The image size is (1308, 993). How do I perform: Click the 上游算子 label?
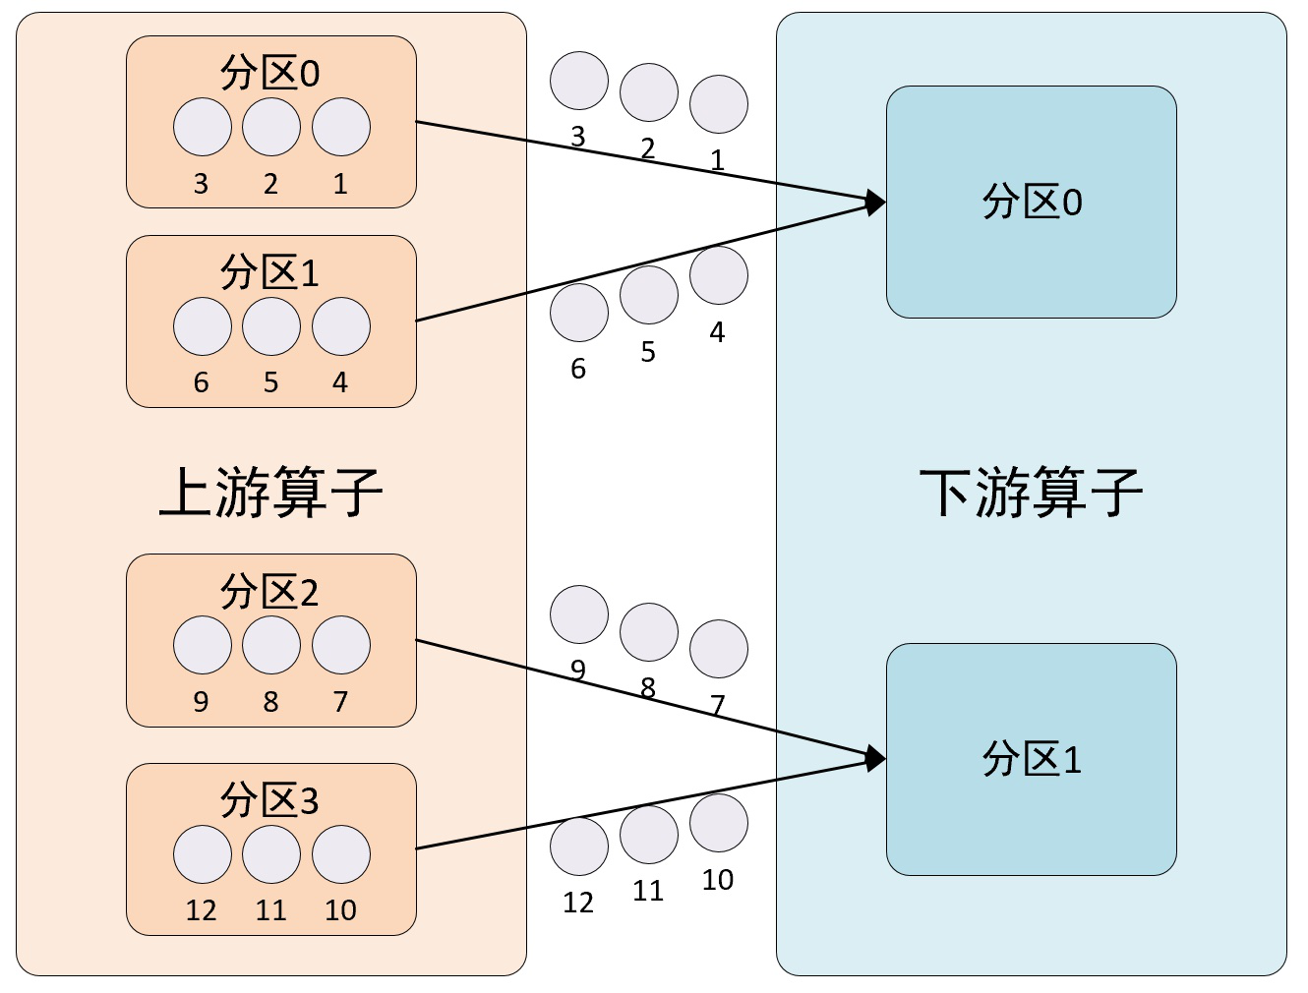pyautogui.click(x=270, y=492)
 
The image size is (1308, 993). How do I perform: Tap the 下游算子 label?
pyautogui.click(x=1031, y=492)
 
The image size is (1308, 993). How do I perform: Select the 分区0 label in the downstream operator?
pyautogui.click(x=1032, y=202)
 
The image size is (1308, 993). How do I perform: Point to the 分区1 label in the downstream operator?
pyautogui.click(x=1032, y=759)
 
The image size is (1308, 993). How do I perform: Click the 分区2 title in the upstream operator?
pyautogui.click(x=269, y=592)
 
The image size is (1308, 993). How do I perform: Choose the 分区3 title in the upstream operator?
pyautogui.click(x=269, y=800)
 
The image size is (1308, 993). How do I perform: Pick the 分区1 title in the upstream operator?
pyautogui.click(x=269, y=272)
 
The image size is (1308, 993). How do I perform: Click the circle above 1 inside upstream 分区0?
pyautogui.click(x=341, y=127)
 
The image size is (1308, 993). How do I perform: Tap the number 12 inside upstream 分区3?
pyautogui.click(x=201, y=910)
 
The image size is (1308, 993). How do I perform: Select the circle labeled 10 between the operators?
pyautogui.click(x=719, y=823)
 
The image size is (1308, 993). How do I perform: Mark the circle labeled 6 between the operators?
pyautogui.click(x=579, y=313)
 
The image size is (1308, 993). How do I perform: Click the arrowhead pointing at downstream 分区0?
pyautogui.click(x=874, y=204)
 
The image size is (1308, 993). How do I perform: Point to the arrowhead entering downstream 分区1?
pyautogui.click(x=874, y=759)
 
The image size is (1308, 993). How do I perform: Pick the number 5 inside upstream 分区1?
pyautogui.click(x=270, y=382)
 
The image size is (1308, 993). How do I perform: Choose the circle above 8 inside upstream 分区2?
pyautogui.click(x=271, y=645)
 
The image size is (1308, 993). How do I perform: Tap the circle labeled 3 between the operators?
pyautogui.click(x=579, y=81)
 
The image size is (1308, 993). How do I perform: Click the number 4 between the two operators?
pyautogui.click(x=717, y=333)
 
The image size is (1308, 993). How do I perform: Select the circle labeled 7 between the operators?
pyautogui.click(x=719, y=649)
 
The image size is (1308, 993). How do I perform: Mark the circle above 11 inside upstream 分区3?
pyautogui.click(x=271, y=854)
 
